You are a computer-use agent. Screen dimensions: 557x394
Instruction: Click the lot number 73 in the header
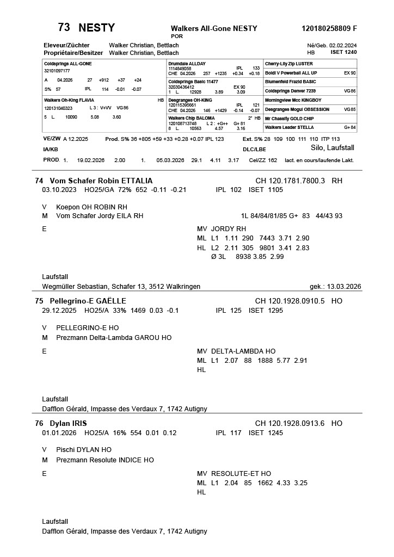pyautogui.click(x=64, y=28)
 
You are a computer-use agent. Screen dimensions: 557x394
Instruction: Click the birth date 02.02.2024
pyautogui.click(x=343, y=45)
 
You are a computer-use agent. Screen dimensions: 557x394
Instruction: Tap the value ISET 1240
pyautogui.click(x=343, y=53)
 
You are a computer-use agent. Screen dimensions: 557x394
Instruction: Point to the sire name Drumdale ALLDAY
pyautogui.click(x=187, y=64)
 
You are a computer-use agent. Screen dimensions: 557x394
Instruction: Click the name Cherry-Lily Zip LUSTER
pyautogui.click(x=288, y=64)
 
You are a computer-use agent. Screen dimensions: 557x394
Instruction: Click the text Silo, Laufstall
pyautogui.click(x=333, y=148)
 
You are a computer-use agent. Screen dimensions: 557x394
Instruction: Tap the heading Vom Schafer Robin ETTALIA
pyautogui.click(x=101, y=181)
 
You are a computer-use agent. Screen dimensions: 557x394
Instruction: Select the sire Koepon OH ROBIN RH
pyautogui.click(x=92, y=207)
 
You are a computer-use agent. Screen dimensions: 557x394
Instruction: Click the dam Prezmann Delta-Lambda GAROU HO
pyautogui.click(x=114, y=338)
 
